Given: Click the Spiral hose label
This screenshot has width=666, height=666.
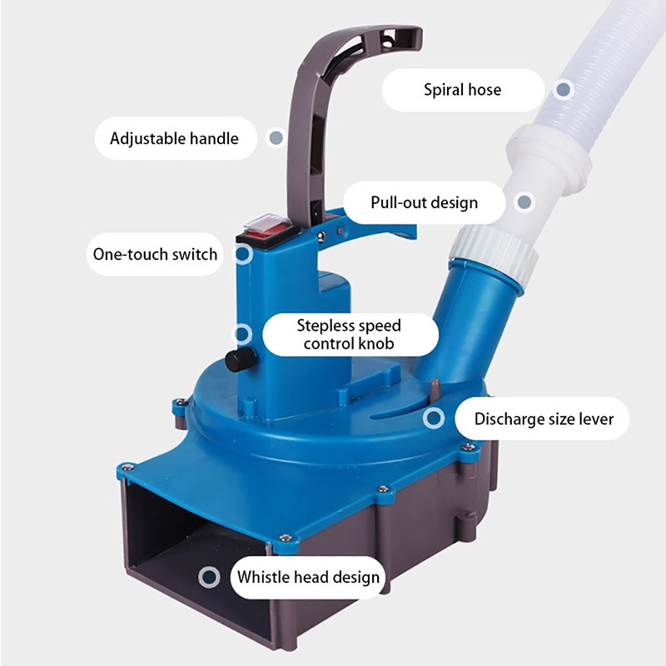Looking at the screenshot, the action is (x=463, y=90).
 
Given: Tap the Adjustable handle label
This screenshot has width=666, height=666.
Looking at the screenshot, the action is (x=175, y=138).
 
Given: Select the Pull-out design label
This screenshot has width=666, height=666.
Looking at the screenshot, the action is (x=424, y=202).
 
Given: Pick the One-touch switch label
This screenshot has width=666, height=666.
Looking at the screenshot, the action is (x=155, y=254).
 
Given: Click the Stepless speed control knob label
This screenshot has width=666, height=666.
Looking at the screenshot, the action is (x=350, y=335).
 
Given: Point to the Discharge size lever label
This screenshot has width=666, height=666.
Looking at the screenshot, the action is (x=544, y=419).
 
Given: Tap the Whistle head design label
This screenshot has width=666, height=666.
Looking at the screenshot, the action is (x=308, y=577).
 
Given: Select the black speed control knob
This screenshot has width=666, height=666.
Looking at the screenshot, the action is (x=241, y=360).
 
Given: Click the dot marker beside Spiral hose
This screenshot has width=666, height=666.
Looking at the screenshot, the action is (x=564, y=90).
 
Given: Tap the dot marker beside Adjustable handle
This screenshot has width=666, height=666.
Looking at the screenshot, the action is (x=276, y=137).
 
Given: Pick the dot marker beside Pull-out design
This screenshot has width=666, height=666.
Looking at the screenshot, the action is (x=524, y=202).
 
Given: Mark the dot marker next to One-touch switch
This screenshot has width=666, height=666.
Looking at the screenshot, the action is (x=243, y=254).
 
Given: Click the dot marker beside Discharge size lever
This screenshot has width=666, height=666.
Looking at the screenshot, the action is (x=434, y=419).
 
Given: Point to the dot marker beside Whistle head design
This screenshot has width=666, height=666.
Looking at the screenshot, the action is (x=209, y=577).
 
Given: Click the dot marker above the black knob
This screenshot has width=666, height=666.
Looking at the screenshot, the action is (x=242, y=334).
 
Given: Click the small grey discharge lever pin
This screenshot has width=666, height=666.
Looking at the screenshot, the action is (x=435, y=390).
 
